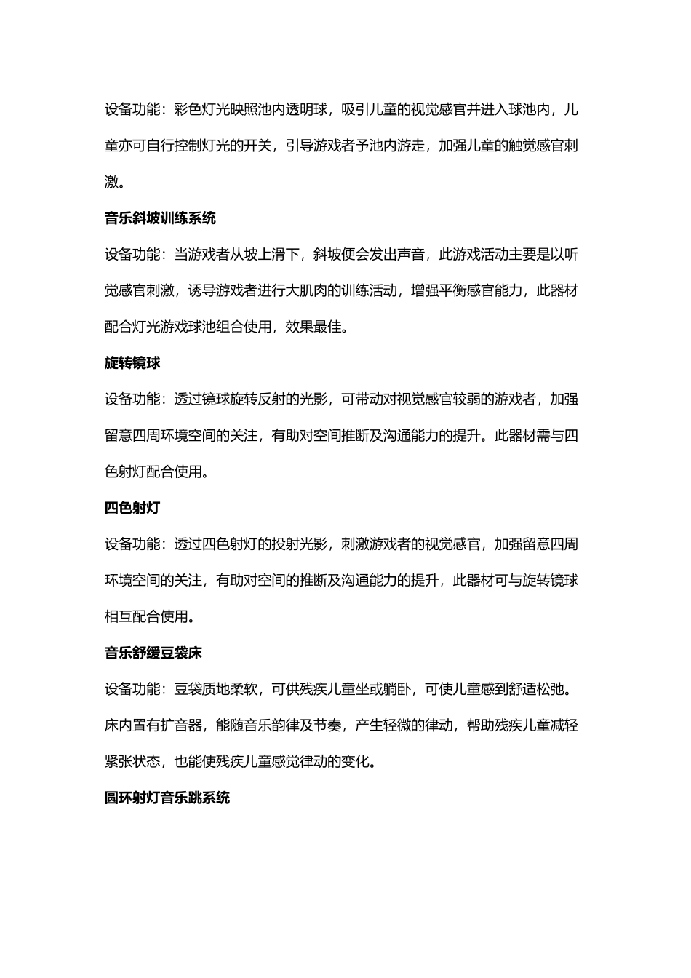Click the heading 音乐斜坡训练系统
tap(160, 218)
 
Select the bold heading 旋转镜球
tap(132, 363)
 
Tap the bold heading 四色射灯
tap(132, 508)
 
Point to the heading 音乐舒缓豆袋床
tap(153, 653)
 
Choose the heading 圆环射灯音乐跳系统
tap(167, 798)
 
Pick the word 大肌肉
tap(340, 291)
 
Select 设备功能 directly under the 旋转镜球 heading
tap(132, 399)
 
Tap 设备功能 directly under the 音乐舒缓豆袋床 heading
tap(132, 689)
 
